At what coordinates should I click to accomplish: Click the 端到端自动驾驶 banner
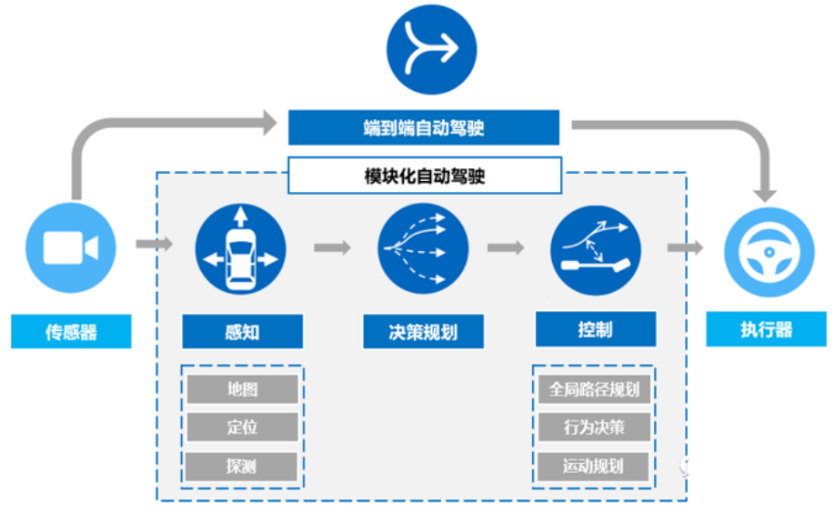[x=423, y=127]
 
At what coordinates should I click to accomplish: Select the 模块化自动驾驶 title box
[x=423, y=175]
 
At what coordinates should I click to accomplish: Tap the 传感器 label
[x=71, y=332]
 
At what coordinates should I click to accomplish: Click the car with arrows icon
[x=241, y=248]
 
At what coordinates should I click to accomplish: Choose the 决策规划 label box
[x=423, y=332]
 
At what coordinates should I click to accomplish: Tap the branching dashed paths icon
[x=423, y=248]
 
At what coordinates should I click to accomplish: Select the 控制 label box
[x=595, y=329]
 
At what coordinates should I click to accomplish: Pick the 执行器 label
[x=767, y=329]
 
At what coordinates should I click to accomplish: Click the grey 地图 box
[x=242, y=389]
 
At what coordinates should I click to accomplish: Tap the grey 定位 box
[x=242, y=427]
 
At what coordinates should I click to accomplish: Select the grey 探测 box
[x=242, y=467]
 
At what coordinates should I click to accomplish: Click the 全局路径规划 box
[x=594, y=389]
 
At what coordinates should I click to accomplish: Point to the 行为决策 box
[x=594, y=427]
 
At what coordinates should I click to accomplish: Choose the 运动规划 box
[x=594, y=467]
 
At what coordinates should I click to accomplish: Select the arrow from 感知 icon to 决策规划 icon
[x=332, y=247]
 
